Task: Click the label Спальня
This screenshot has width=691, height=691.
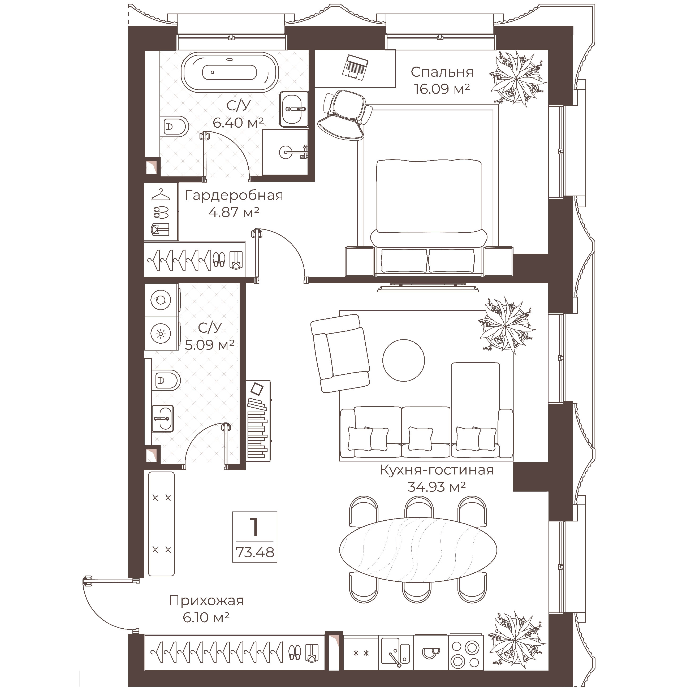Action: click(x=442, y=72)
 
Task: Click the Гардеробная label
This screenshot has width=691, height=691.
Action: click(x=234, y=196)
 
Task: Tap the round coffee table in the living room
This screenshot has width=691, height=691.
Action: click(x=403, y=360)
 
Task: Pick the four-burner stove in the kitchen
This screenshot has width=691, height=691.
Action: click(x=465, y=653)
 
